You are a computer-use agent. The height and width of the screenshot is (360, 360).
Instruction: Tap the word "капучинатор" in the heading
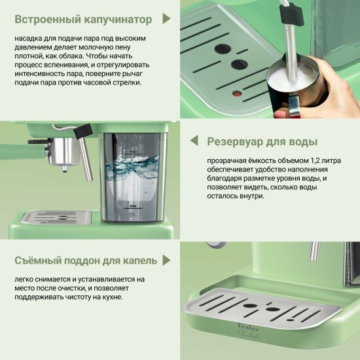pos(118,20)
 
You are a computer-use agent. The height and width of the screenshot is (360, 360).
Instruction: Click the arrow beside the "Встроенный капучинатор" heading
pos(166,18)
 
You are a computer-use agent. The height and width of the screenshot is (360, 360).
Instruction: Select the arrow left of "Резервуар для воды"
pos(194,140)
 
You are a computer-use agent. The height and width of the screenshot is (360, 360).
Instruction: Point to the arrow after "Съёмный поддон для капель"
pos(166,260)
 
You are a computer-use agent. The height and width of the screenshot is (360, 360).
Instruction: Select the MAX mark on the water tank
pos(133,152)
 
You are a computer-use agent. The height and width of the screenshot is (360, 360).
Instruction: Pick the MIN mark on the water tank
pos(133,206)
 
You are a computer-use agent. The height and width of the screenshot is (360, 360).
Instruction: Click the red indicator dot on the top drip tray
pos(237,94)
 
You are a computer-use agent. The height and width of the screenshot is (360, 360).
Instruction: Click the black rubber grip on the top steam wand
pos(291,14)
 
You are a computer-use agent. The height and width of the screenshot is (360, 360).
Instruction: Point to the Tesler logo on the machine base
pos(247,326)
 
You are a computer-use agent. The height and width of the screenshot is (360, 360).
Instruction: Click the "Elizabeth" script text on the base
pos(248,334)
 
